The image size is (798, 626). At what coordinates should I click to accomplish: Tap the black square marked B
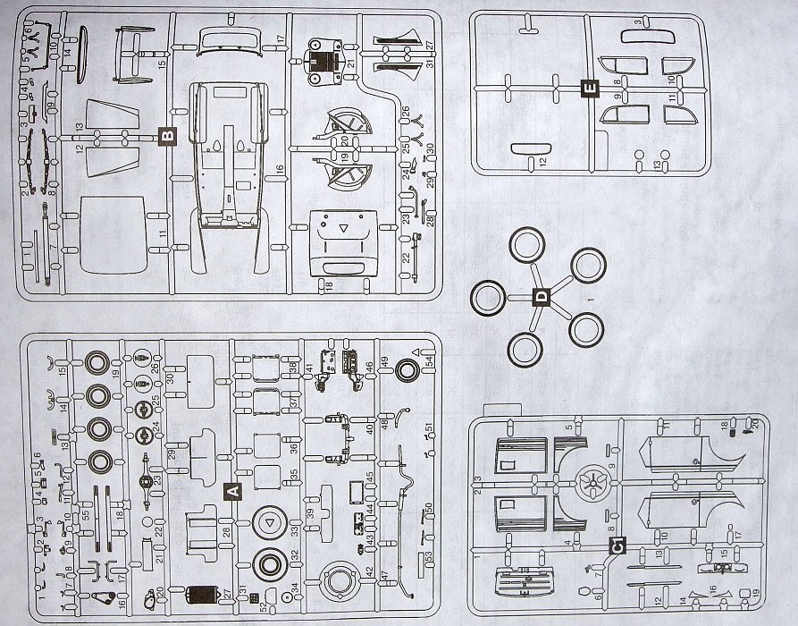tap(166, 136)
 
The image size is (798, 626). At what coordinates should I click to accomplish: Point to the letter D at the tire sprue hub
tap(539, 298)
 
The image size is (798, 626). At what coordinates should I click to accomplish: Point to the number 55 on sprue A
tap(85, 516)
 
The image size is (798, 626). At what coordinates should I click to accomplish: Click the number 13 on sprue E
tap(657, 165)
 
